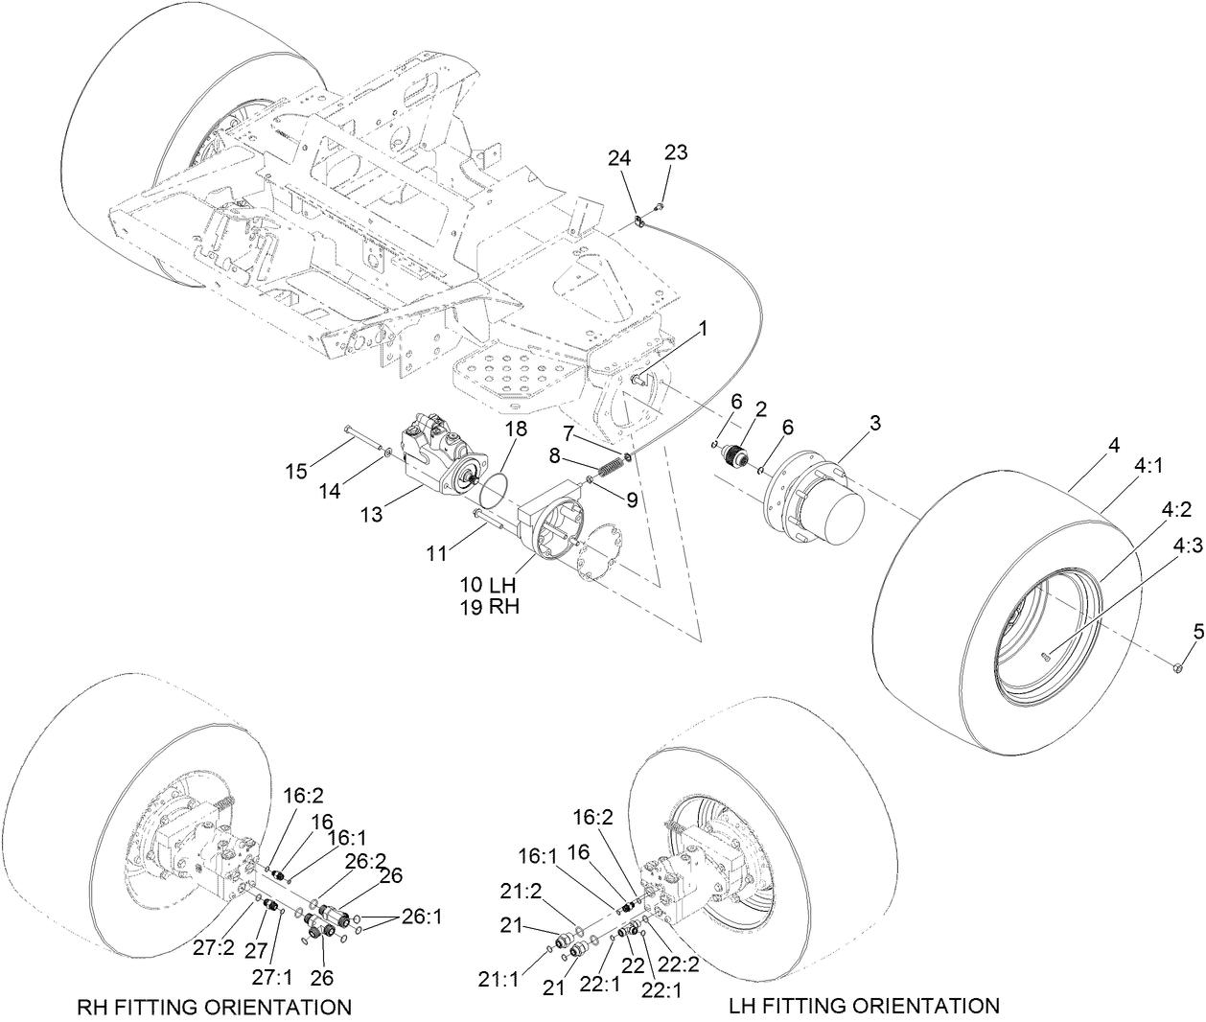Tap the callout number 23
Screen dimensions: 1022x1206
[676, 153]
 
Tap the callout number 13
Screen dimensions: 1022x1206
[371, 515]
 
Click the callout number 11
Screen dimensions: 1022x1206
[436, 552]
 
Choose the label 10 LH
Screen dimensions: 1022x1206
[487, 585]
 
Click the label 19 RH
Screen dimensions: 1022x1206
[487, 606]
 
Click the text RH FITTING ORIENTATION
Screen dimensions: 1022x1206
[213, 1007]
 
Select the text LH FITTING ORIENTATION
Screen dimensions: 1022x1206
[864, 1006]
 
